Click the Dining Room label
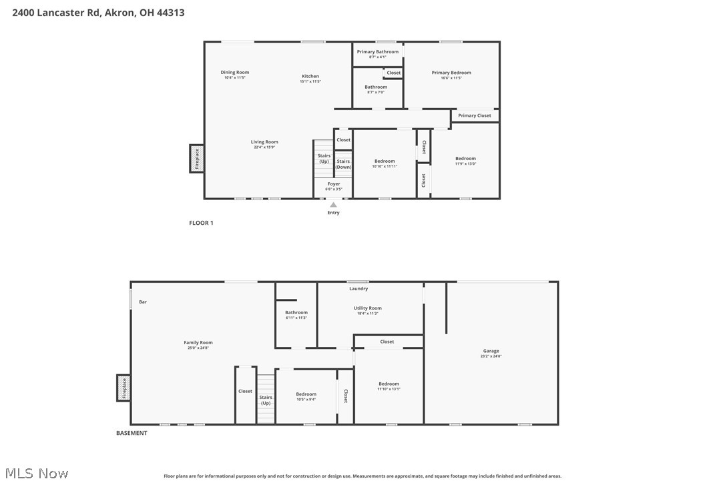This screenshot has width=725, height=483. [x=235, y=72]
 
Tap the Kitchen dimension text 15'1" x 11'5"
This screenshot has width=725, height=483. [x=310, y=81]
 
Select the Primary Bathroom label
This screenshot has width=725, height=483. [x=377, y=51]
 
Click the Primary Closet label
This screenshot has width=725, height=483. [x=474, y=115]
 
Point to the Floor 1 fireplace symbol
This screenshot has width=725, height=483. [x=196, y=159]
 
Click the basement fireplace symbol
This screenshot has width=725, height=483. [x=124, y=388]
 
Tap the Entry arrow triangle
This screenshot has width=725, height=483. [x=333, y=205]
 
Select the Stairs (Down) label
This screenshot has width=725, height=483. [x=343, y=164]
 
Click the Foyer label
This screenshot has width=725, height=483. [x=334, y=183]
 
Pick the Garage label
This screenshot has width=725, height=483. [x=491, y=351]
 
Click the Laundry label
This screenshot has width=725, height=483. [x=358, y=289]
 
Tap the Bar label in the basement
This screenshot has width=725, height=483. [x=143, y=302]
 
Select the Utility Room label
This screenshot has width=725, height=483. [x=367, y=308]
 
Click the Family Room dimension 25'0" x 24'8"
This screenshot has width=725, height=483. [x=198, y=348]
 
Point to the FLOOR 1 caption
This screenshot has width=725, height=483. [x=201, y=223]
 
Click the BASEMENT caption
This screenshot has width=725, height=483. [x=132, y=433]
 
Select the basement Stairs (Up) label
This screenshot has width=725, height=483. [x=266, y=400]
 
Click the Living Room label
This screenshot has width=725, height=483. [x=264, y=141]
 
